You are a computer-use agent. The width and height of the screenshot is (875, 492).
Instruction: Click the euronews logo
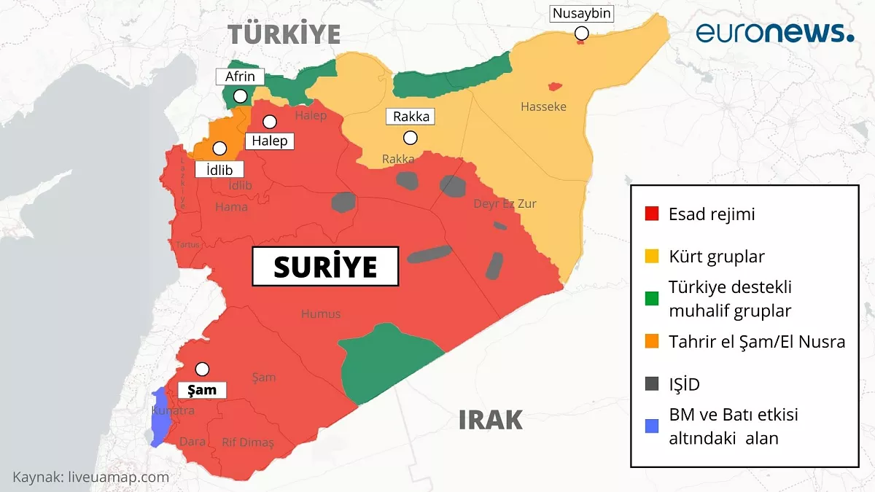(x=774, y=33)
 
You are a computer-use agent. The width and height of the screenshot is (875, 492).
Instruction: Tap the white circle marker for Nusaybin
(x=581, y=33)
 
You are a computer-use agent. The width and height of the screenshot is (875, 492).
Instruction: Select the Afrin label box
(x=240, y=77)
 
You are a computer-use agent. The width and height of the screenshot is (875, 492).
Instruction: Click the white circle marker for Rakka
(x=411, y=137)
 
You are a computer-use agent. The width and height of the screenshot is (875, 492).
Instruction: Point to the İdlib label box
(x=219, y=168)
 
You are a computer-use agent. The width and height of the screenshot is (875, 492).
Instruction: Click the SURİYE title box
(x=325, y=267)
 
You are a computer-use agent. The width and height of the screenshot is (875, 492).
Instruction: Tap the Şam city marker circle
(x=202, y=369)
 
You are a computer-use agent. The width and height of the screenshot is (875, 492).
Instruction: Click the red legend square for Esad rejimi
(x=652, y=214)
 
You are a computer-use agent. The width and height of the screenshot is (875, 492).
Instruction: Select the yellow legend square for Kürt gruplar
(x=652, y=257)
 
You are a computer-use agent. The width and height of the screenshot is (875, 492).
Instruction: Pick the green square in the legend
(x=652, y=298)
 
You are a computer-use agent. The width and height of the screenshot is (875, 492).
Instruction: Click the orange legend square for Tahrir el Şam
(x=652, y=341)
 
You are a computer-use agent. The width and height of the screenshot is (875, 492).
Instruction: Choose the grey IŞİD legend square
(x=652, y=384)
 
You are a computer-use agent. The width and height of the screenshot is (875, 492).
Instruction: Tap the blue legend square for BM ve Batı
(x=652, y=426)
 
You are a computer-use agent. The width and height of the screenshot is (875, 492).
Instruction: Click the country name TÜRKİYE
(x=284, y=34)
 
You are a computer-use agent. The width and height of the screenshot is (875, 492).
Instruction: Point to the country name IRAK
(x=490, y=420)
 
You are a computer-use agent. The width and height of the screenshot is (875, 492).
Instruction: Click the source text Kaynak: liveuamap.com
(x=91, y=477)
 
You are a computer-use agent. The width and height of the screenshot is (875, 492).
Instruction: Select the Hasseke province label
(x=543, y=107)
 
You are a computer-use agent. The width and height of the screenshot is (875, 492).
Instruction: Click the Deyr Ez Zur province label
(x=505, y=203)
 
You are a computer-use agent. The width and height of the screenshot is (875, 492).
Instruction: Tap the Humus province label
(x=321, y=313)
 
